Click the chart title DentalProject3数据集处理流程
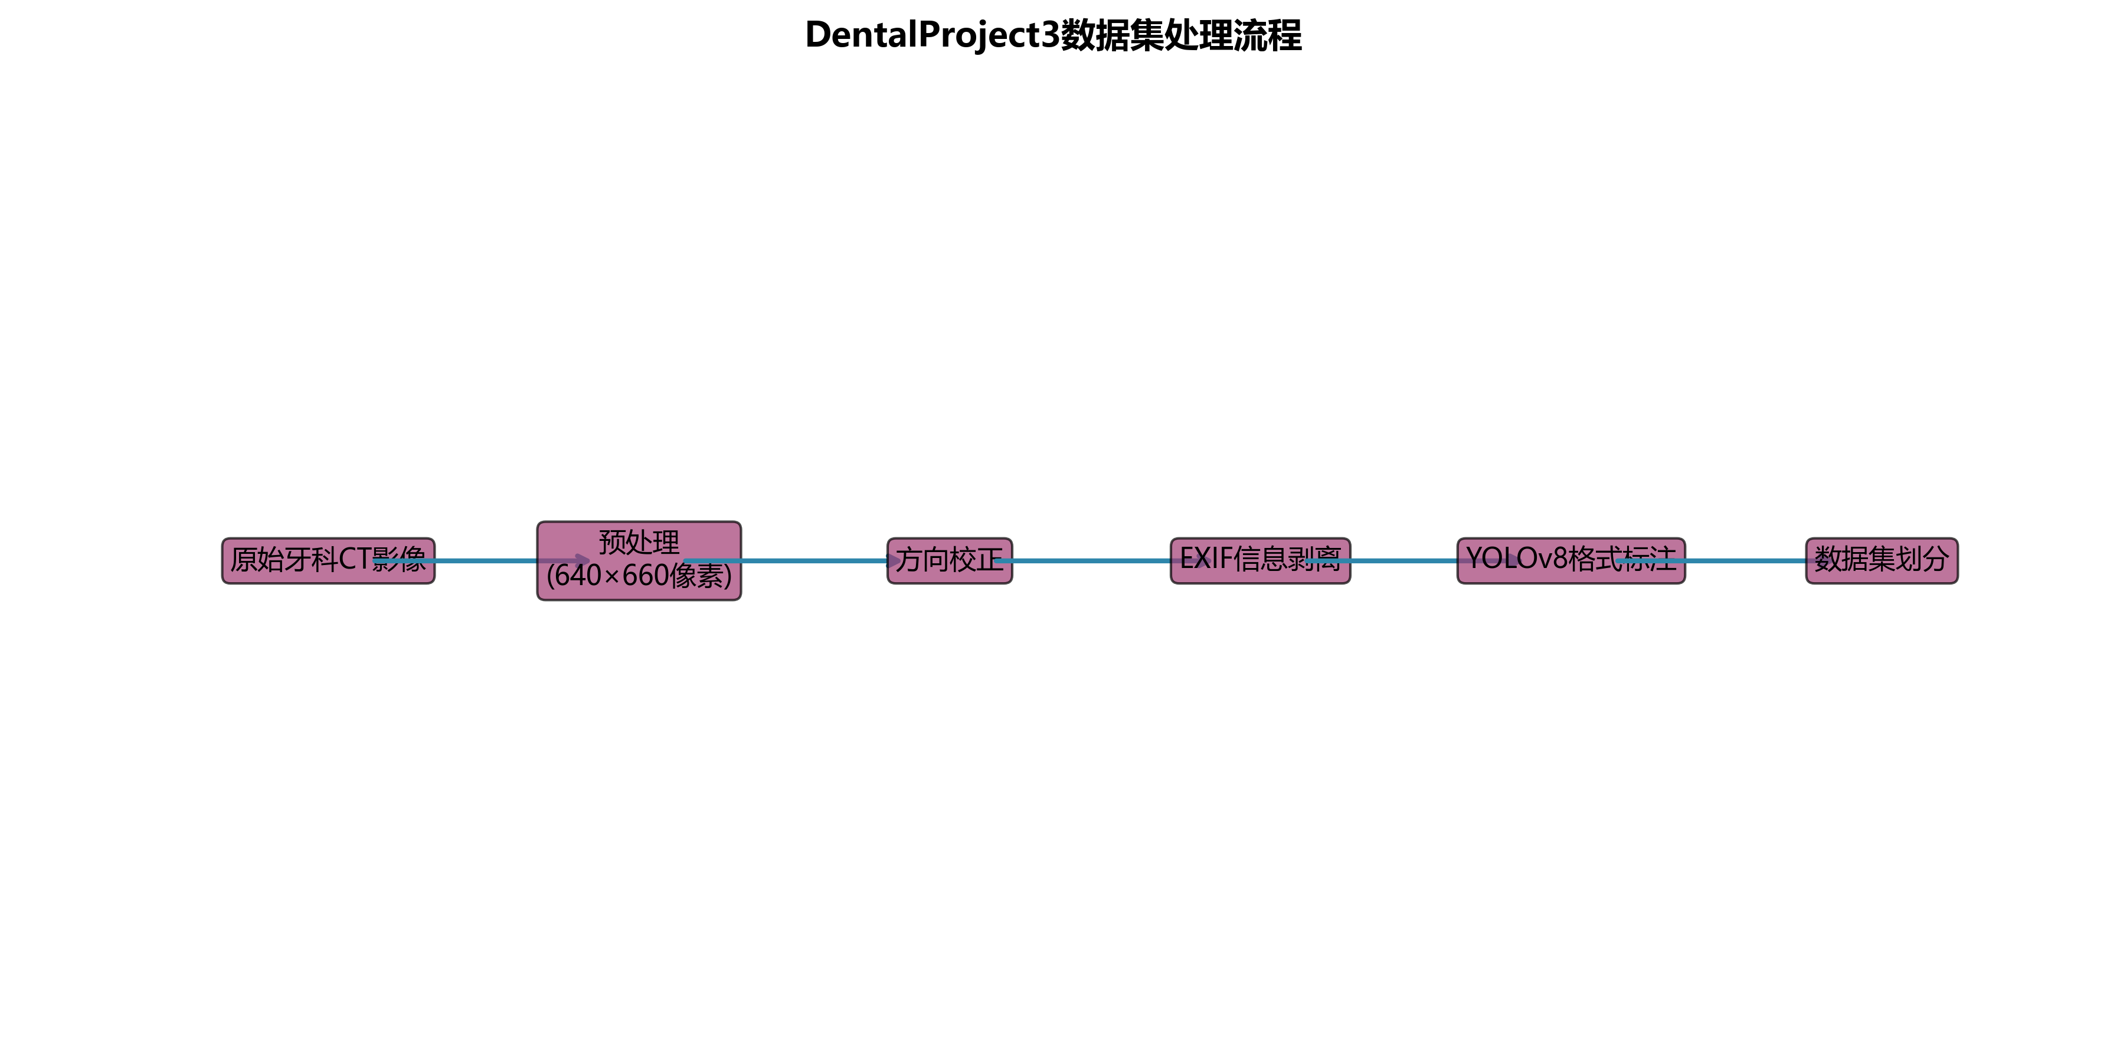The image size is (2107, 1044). (1053, 35)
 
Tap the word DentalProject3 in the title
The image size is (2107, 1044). (933, 35)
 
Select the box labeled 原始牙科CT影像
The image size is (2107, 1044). (327, 561)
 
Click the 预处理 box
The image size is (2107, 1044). (639, 541)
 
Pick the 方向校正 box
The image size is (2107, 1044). (949, 561)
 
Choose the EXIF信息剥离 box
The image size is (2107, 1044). (1259, 561)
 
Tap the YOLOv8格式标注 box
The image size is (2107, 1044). (1571, 561)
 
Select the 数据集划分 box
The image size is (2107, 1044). (1882, 561)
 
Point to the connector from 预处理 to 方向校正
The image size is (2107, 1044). (814, 561)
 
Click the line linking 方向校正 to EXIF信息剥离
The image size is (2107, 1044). (1091, 561)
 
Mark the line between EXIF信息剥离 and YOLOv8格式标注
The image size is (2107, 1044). (1403, 561)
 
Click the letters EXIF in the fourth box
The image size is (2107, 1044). (1206, 559)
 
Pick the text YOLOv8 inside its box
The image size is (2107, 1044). (1517, 559)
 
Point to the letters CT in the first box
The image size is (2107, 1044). (356, 559)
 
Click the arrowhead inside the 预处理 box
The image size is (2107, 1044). (581, 561)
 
